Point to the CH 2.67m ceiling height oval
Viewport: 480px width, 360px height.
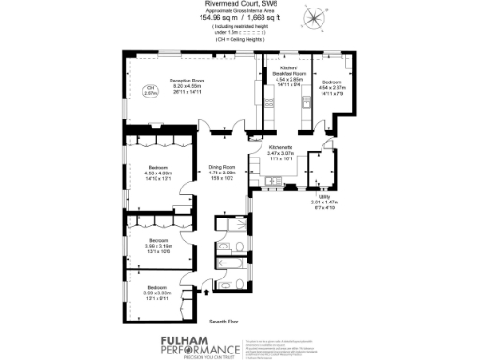click(x=149, y=91)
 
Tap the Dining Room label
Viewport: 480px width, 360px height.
click(x=222, y=169)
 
